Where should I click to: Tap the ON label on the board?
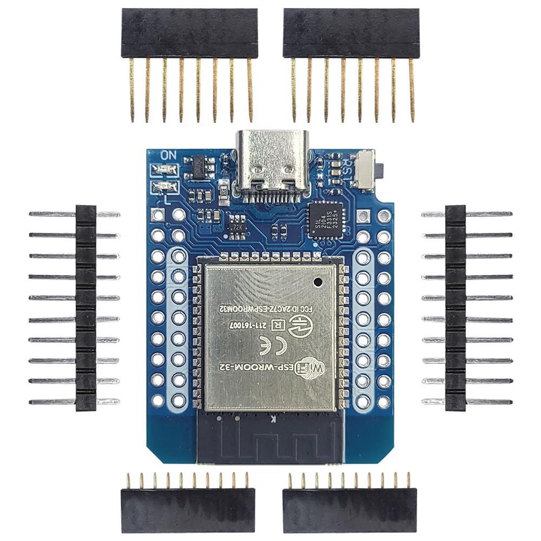point(168,154)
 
